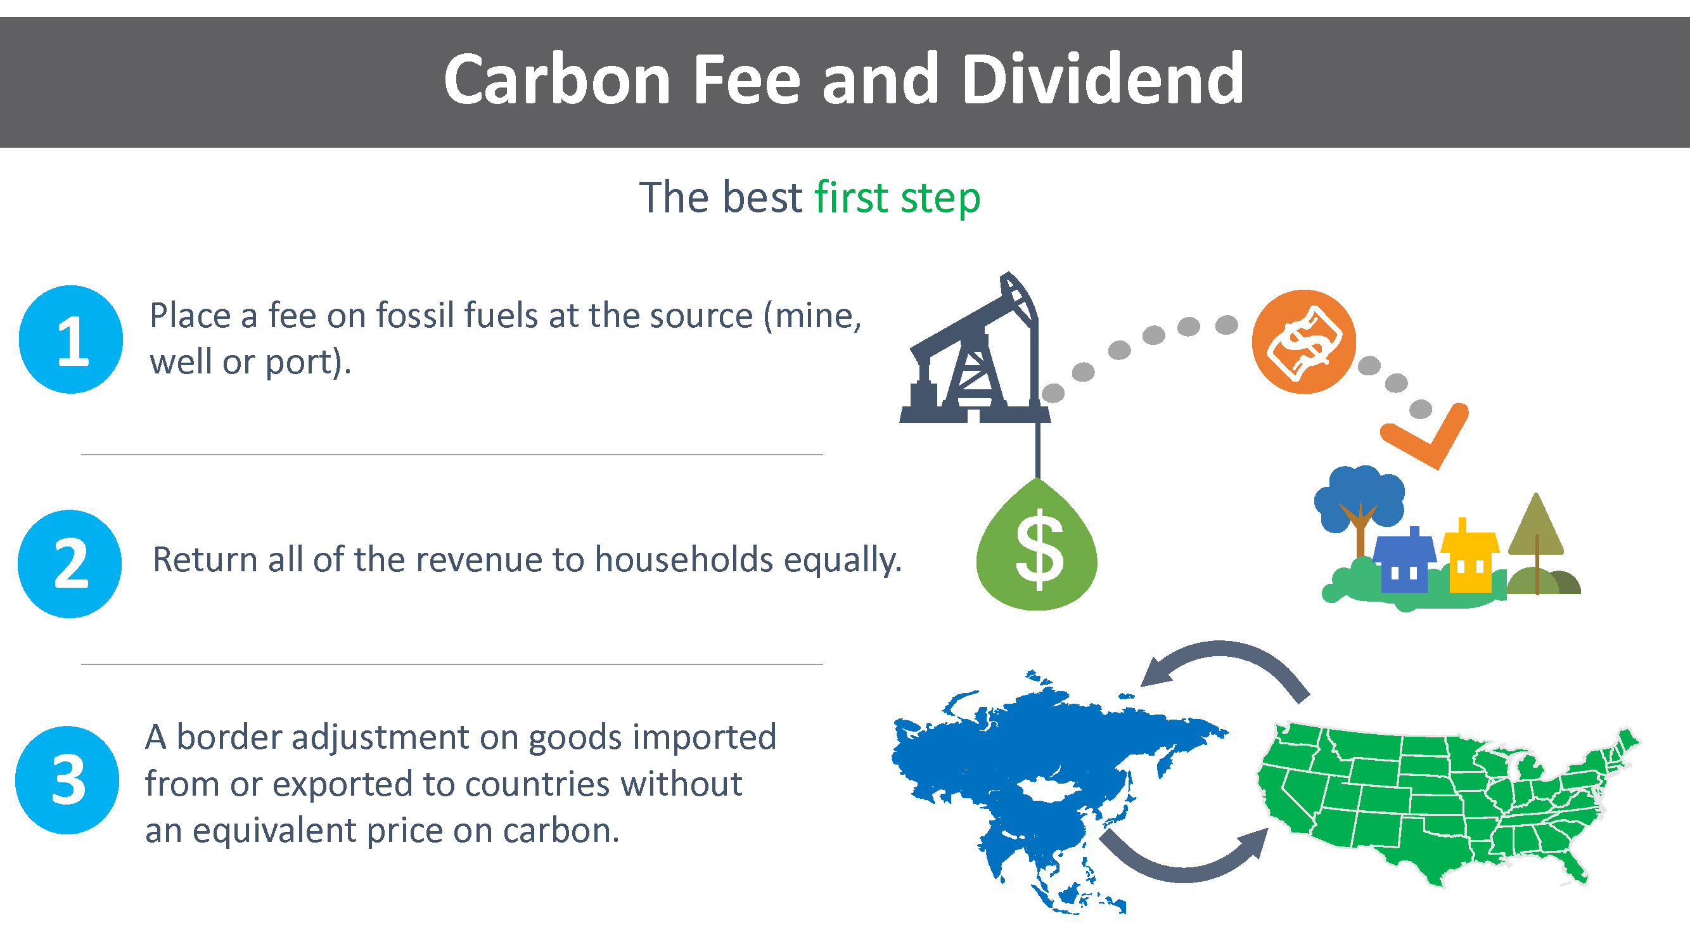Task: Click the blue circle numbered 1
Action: tap(71, 339)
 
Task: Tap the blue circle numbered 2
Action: tap(70, 564)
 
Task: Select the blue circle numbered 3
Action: tap(67, 780)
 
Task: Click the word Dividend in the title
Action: tap(1102, 79)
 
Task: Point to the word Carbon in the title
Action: tap(557, 79)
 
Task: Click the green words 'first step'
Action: tap(897, 198)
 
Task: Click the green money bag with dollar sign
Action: tap(1037, 545)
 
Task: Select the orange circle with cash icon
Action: tap(1303, 341)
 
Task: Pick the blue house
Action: tap(1404, 562)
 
